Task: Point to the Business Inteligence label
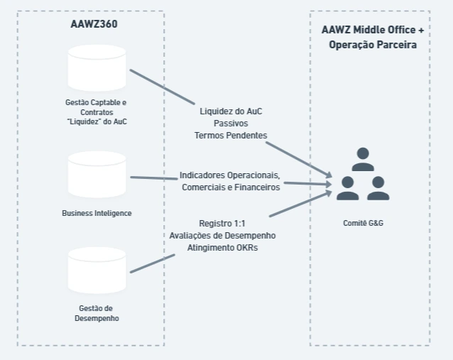[x=97, y=213]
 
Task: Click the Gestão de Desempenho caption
[x=97, y=313]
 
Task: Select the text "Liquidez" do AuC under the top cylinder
[x=97, y=121]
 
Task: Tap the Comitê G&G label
[x=363, y=223]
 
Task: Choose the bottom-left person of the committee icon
[x=347, y=187]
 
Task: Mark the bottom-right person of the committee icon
[x=378, y=187]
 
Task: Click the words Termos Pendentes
[x=231, y=134]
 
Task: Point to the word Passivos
[x=231, y=123]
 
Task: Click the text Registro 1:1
[x=222, y=223]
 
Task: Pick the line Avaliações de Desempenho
[x=222, y=235]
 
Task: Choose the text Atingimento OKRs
[x=222, y=247]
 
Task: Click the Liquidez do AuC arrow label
[x=231, y=111]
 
